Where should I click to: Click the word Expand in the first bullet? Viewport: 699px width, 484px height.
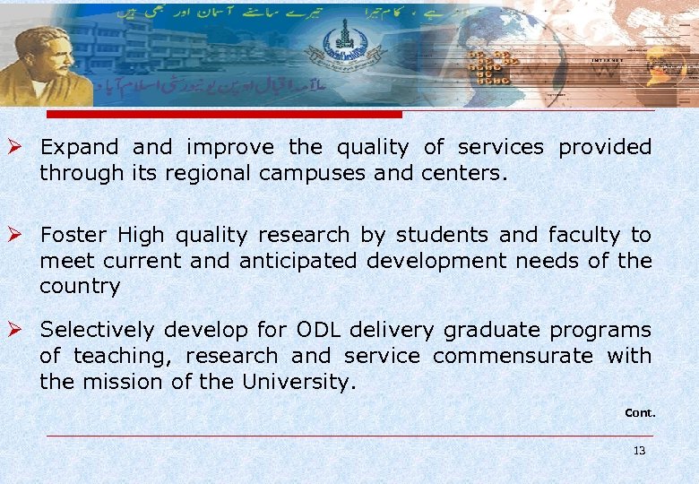pyautogui.click(x=79, y=147)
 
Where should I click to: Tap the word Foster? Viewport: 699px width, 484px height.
pyautogui.click(x=73, y=235)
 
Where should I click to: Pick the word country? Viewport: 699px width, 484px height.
pyautogui.click(x=79, y=286)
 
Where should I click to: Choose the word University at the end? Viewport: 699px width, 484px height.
pyautogui.click(x=298, y=382)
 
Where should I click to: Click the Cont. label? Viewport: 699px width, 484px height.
pyautogui.click(x=640, y=413)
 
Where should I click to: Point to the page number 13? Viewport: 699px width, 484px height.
pyautogui.click(x=639, y=451)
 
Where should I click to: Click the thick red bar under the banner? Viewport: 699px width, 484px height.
pyautogui.click(x=224, y=115)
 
